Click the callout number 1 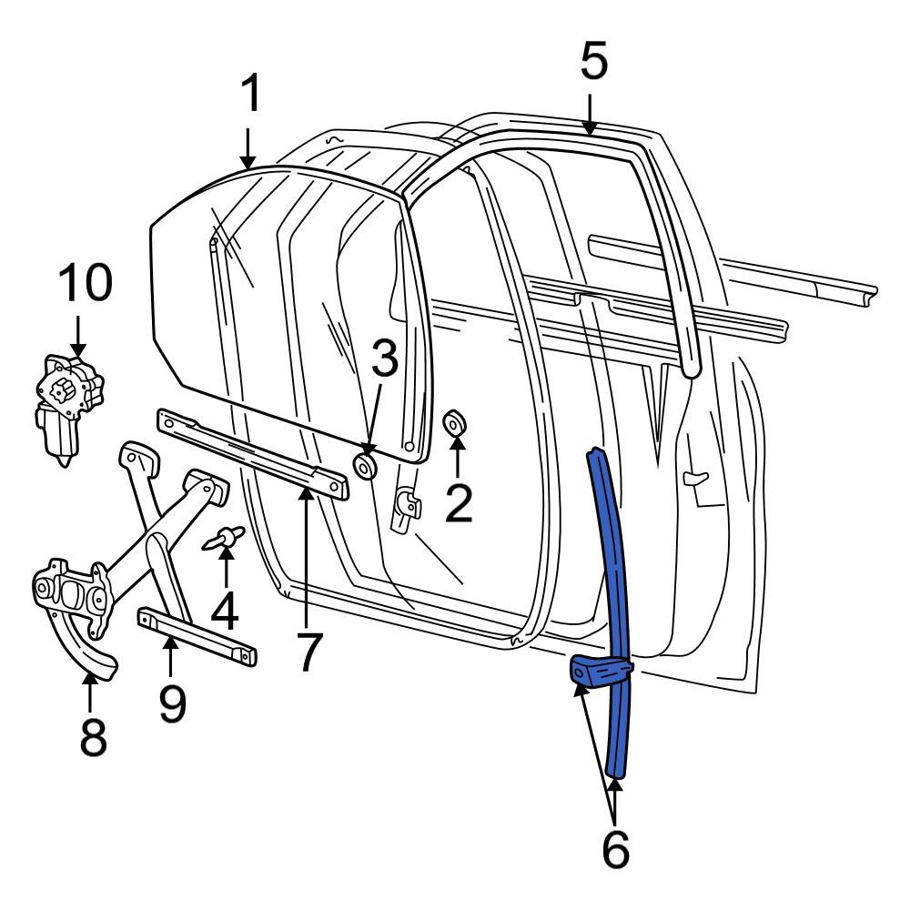[249, 95]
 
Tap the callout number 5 [592, 64]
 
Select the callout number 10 [86, 283]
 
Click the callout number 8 [92, 738]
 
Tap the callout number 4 [225, 610]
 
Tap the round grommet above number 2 [454, 423]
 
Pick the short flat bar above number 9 [197, 637]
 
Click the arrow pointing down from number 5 [591, 116]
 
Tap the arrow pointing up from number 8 [90, 692]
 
